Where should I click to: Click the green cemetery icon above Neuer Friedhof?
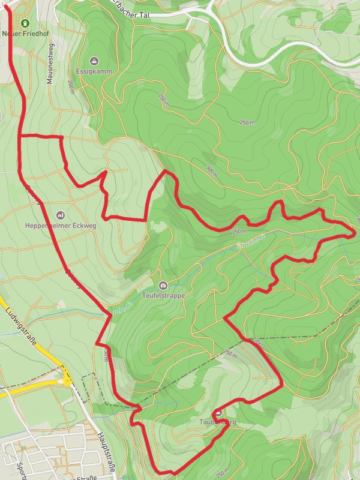pos(25,23)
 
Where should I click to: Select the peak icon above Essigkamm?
pos(94,61)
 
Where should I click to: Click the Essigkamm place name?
pos(94,71)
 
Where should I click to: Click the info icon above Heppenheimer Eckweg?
pos(61,215)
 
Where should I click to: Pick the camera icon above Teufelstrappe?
pos(163,285)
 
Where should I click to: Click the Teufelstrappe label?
pos(163,296)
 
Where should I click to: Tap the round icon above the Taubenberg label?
pos(217,412)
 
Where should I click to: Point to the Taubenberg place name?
pos(217,423)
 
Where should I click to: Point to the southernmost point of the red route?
pos(161,472)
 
